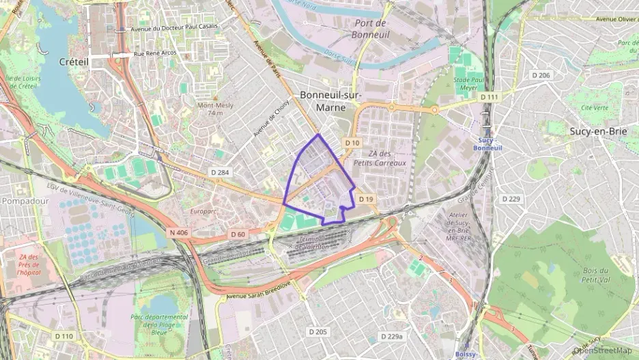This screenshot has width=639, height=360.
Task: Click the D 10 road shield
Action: (x=352, y=142)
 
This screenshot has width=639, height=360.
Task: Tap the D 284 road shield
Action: (x=219, y=172)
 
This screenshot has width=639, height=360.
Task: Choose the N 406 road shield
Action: (x=177, y=232)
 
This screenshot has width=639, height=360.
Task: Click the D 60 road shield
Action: (x=238, y=234)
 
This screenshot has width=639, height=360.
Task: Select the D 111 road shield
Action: (x=488, y=98)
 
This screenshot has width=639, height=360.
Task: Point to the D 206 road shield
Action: (x=541, y=75)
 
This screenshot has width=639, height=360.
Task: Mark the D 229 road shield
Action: (x=511, y=199)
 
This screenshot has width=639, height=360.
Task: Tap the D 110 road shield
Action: (x=63, y=336)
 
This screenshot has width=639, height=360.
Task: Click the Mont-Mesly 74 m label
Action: (x=215, y=109)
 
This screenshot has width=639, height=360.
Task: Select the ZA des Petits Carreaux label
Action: (x=386, y=158)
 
